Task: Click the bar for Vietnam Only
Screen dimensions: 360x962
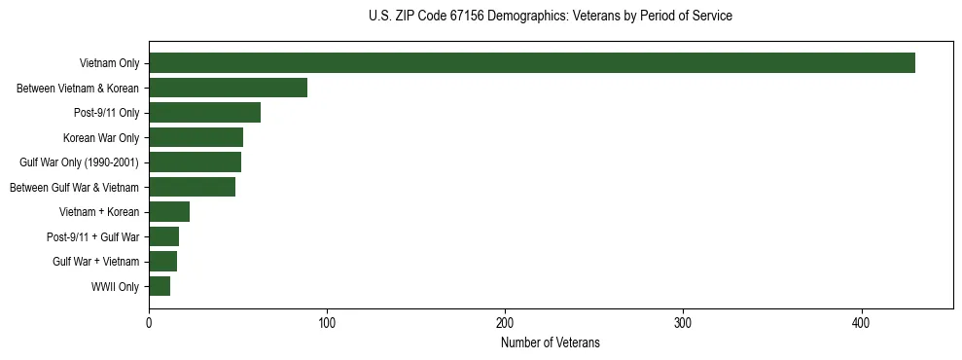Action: [x=532, y=63]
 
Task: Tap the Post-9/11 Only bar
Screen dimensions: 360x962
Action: [x=205, y=113]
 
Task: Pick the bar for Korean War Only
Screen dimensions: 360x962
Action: [x=196, y=138]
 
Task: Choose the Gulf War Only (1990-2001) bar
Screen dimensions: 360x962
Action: [x=196, y=162]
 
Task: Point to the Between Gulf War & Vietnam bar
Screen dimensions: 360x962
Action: [x=193, y=187]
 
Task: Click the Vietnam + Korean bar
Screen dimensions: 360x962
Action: [x=169, y=212]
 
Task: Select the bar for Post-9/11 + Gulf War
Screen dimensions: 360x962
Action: [x=164, y=236]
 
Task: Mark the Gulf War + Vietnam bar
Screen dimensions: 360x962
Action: [x=163, y=262]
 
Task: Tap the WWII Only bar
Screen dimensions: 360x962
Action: [x=160, y=286]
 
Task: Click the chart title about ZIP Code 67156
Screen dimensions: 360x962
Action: [x=551, y=17]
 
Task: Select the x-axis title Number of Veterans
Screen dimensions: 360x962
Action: [x=551, y=343]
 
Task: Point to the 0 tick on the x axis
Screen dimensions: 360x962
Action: [x=149, y=323]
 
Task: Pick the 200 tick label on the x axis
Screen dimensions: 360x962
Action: [x=505, y=323]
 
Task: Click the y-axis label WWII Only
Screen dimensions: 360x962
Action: [x=115, y=287]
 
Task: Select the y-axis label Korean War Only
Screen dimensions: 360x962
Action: [x=101, y=138]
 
